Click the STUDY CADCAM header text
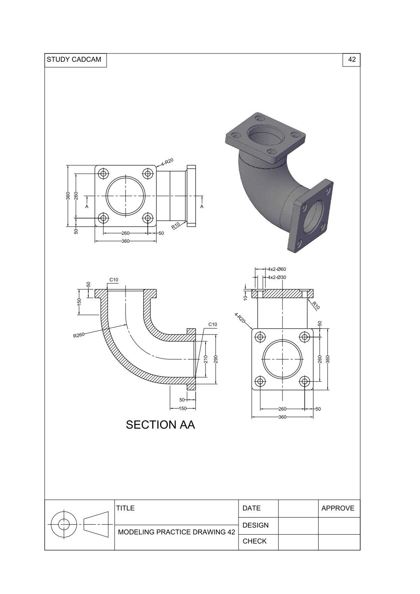tap(74, 60)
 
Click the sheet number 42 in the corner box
tap(351, 60)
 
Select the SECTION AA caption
tap(160, 425)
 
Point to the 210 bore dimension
tap(206, 359)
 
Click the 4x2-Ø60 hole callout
tap(277, 269)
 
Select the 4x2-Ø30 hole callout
tap(277, 277)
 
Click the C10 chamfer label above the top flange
tap(114, 280)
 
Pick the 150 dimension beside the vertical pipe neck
tap(79, 302)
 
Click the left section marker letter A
tap(87, 207)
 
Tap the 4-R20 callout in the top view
tap(167, 162)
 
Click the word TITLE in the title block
tap(126, 508)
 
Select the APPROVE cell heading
tap(338, 508)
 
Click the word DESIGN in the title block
tap(256, 525)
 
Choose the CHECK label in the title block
tap(254, 541)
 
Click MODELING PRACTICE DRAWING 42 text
tap(177, 532)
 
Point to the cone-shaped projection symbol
tap(96, 524)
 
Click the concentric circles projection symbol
tap(64, 524)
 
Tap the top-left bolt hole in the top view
tap(104, 173)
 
